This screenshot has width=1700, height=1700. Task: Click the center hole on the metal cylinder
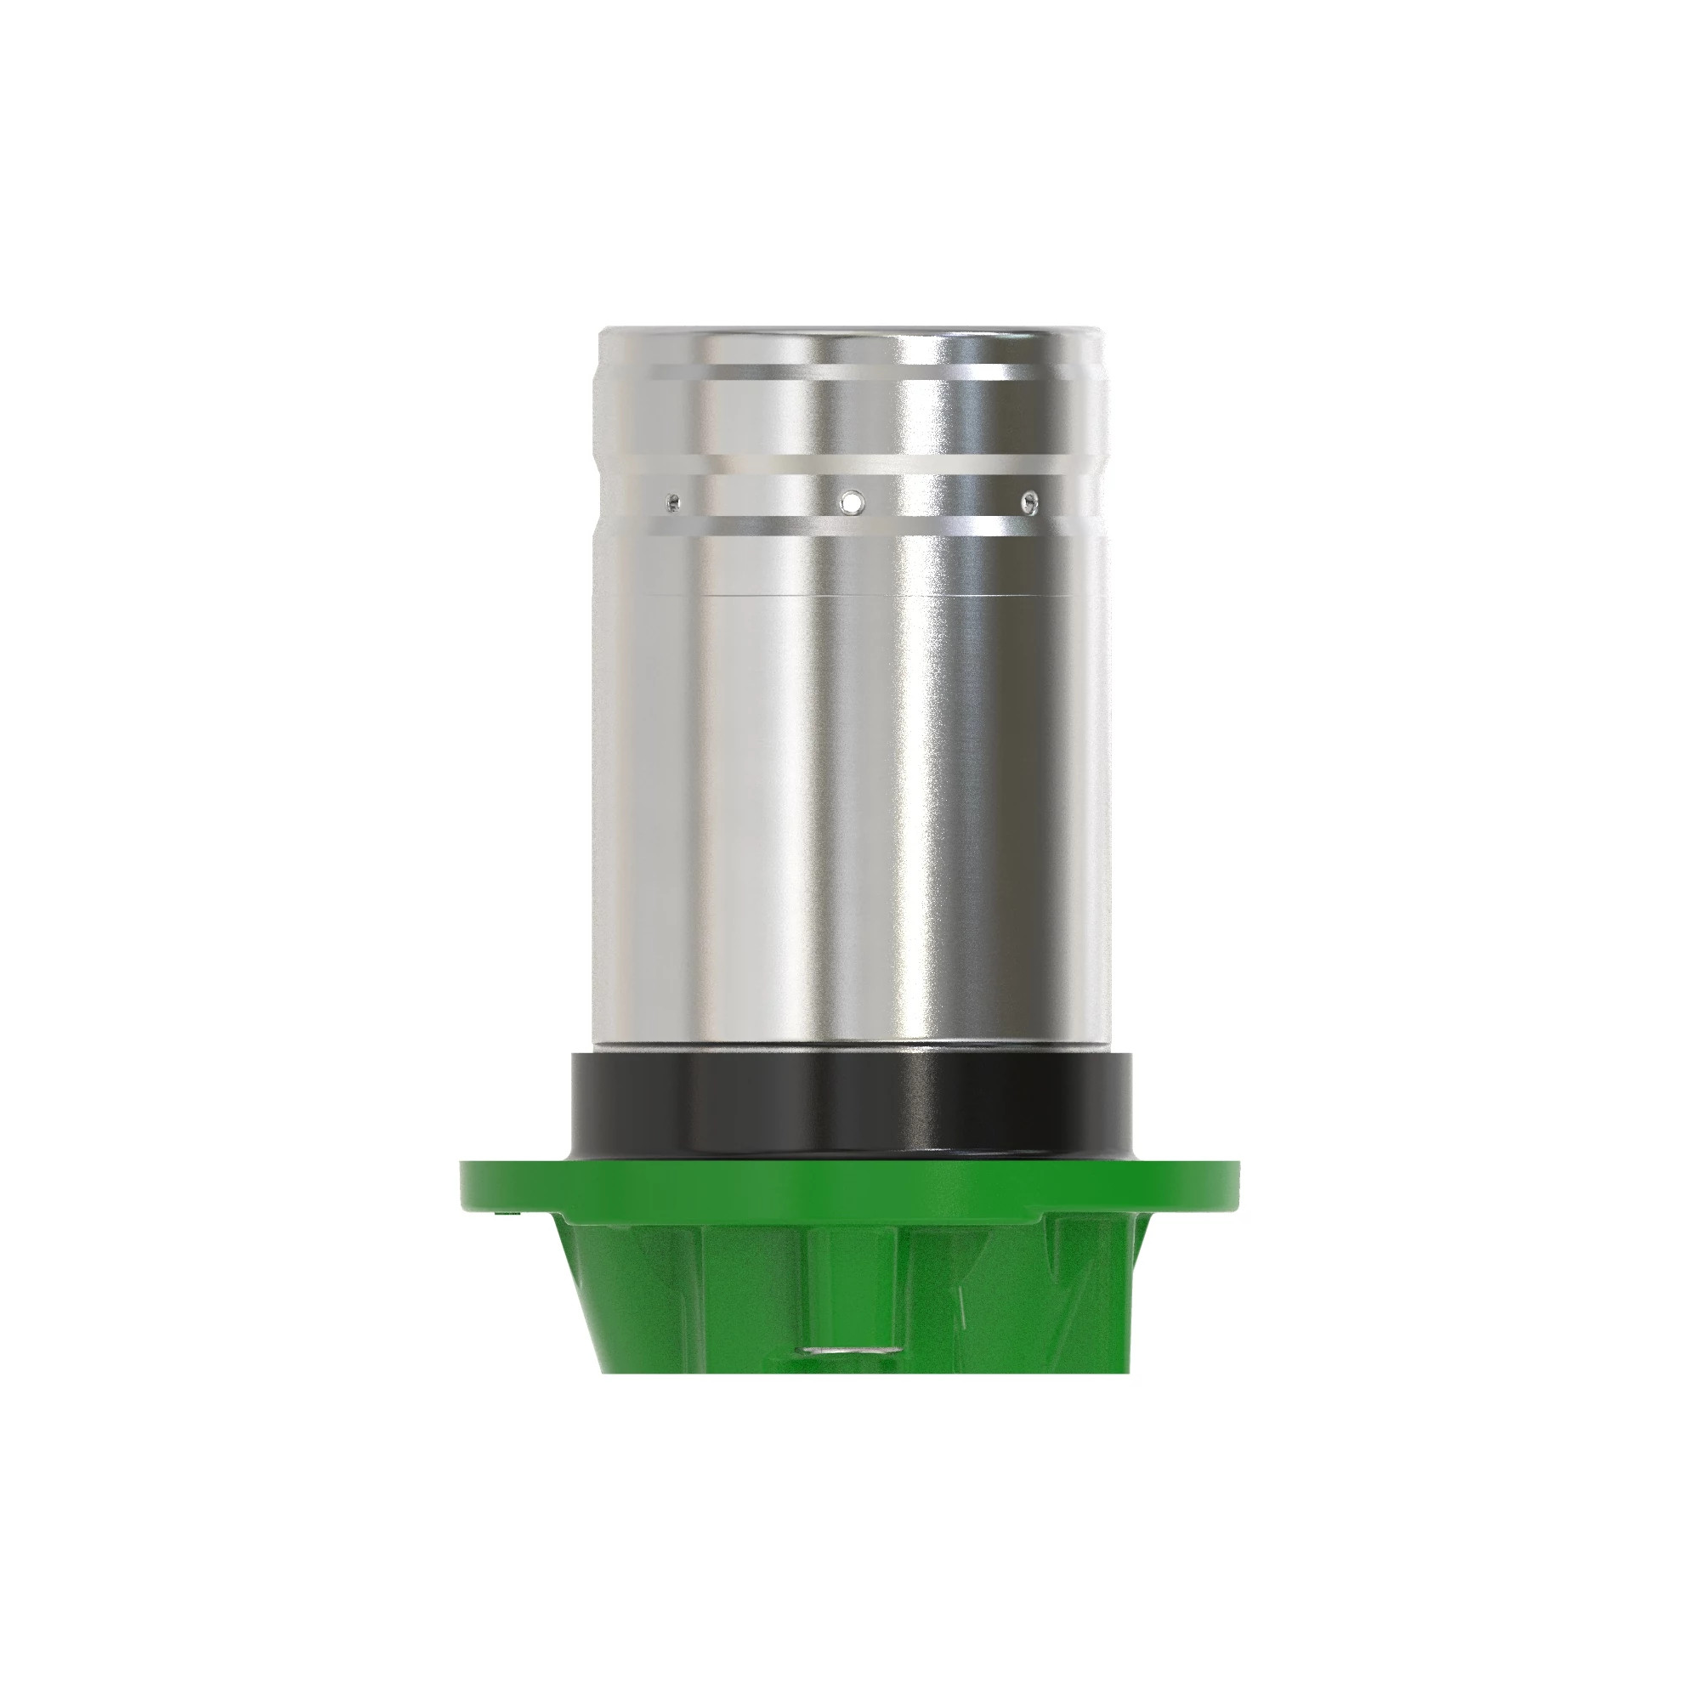[x=852, y=502]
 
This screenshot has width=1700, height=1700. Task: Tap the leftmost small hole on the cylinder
[x=673, y=502]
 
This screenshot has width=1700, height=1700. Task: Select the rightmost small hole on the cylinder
[x=1027, y=502]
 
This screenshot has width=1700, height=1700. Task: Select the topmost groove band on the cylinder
[x=850, y=371]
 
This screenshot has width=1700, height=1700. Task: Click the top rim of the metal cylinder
[x=850, y=333]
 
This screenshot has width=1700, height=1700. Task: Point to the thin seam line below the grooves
[x=850, y=598]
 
